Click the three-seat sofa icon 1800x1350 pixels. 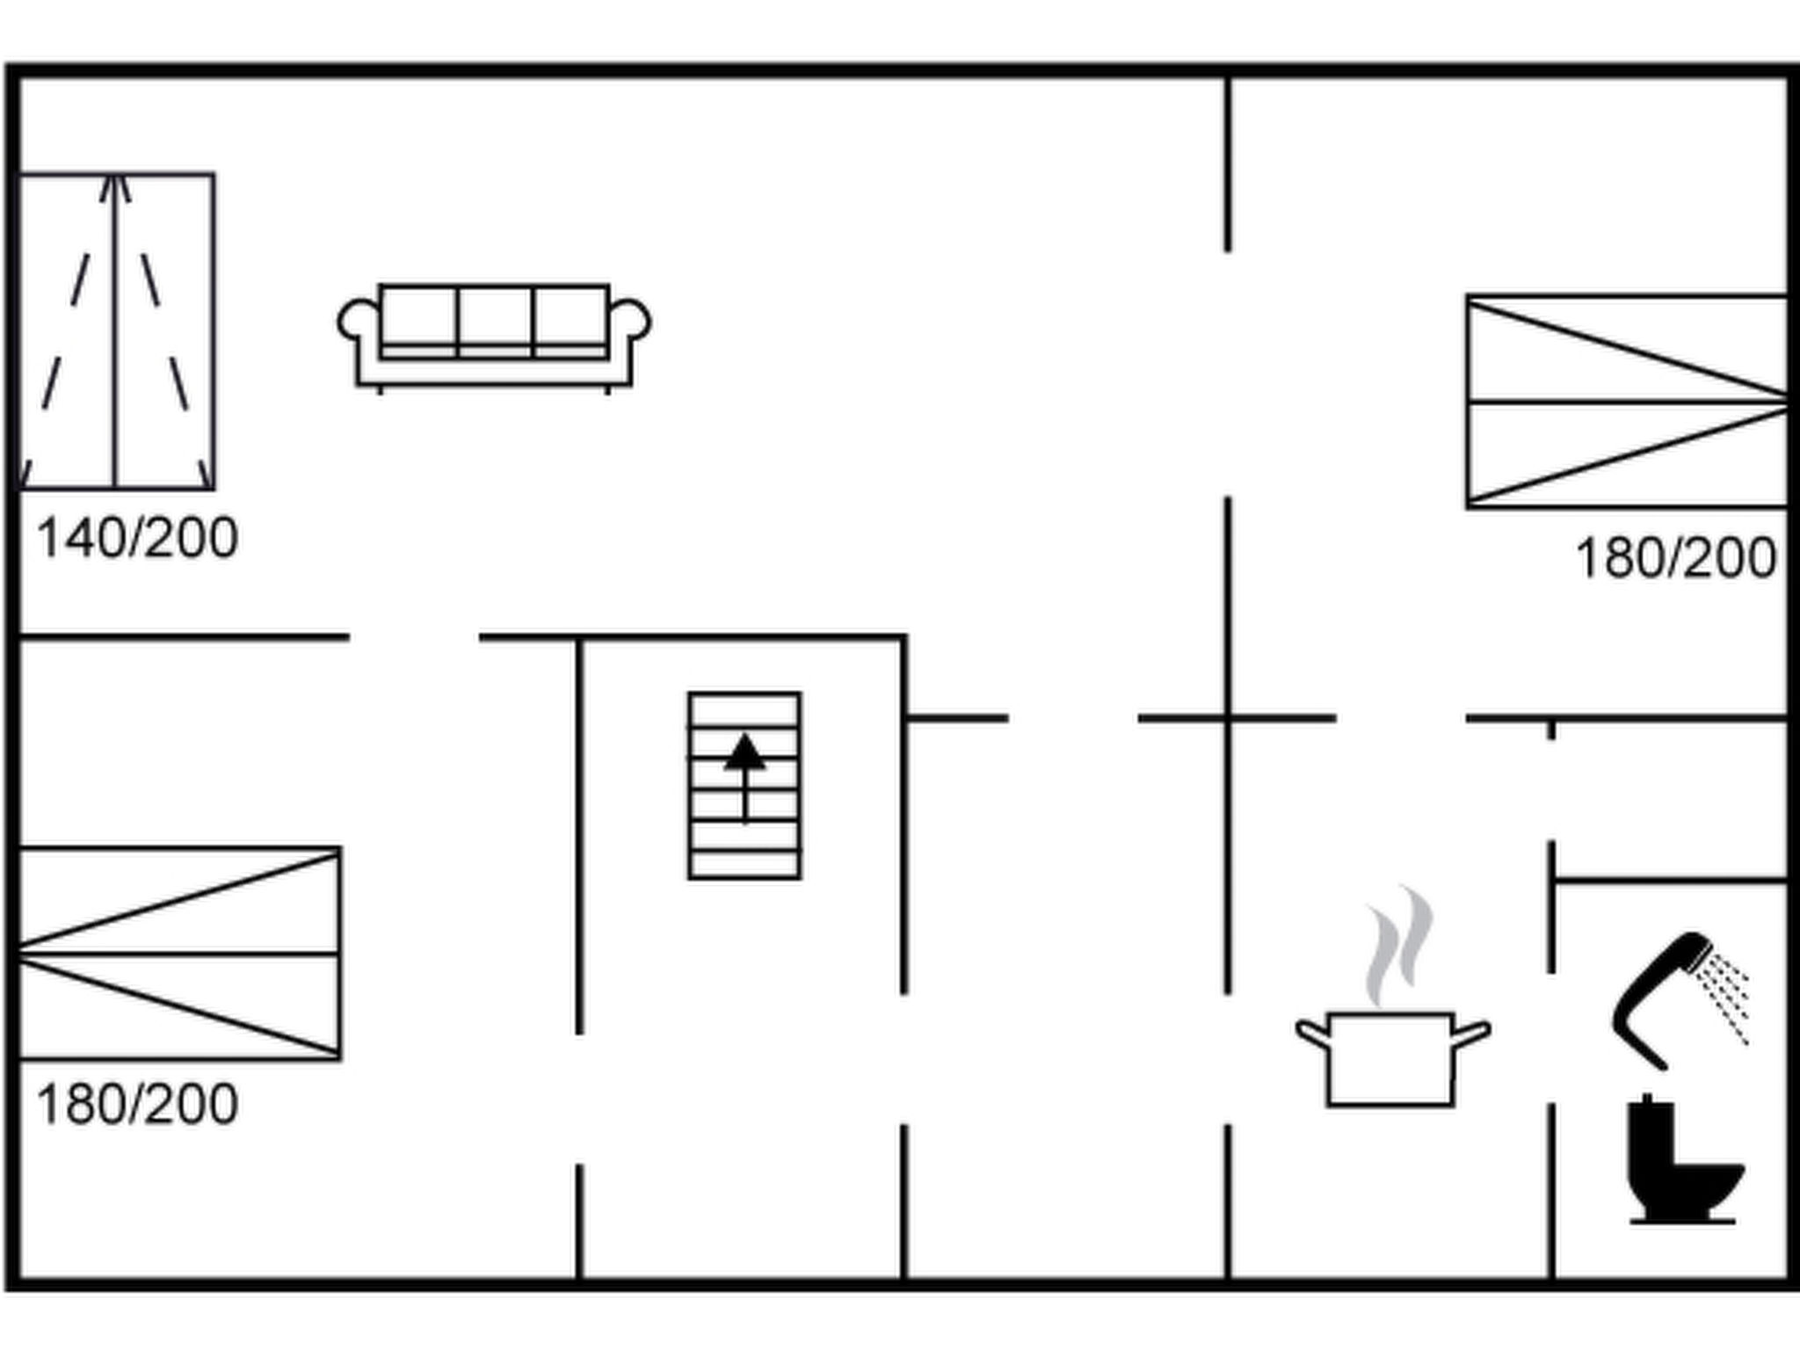pyautogui.click(x=494, y=337)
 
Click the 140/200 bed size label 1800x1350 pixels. pyautogui.click(x=137, y=538)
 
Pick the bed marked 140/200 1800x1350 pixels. pyautogui.click(x=116, y=331)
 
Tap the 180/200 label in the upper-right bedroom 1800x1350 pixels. pyautogui.click(x=1675, y=558)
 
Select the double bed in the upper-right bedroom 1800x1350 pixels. pyautogui.click(x=1626, y=402)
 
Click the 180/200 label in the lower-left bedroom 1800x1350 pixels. pyautogui.click(x=137, y=1104)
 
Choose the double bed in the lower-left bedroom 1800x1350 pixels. pyautogui.click(x=179, y=954)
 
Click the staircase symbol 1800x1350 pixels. pyautogui.click(x=744, y=786)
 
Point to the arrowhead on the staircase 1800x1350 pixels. pyautogui.click(x=744, y=752)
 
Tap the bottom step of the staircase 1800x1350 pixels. pyautogui.click(x=744, y=864)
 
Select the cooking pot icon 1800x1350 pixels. pyautogui.click(x=1390, y=1059)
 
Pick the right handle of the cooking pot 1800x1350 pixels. pyautogui.click(x=1472, y=1033)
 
